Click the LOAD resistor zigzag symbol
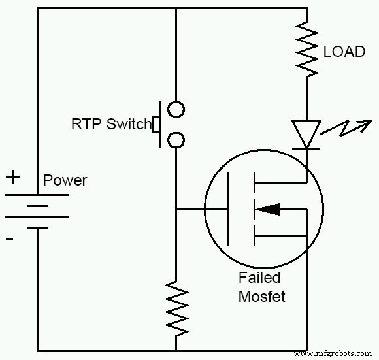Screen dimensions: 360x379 tap(306, 49)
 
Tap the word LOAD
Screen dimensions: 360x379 tap(344, 52)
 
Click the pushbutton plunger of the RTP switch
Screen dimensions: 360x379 tap(157, 123)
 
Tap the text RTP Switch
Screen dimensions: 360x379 tap(111, 124)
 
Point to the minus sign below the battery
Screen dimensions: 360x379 tap(10, 239)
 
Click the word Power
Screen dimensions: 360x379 tap(65, 180)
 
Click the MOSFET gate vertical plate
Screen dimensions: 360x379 tap(228, 210)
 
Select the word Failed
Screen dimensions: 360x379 tap(259, 278)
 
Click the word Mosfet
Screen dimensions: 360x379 tap(261, 296)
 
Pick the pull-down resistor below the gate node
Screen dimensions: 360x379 tap(176, 307)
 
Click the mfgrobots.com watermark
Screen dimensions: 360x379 tap(334, 353)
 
